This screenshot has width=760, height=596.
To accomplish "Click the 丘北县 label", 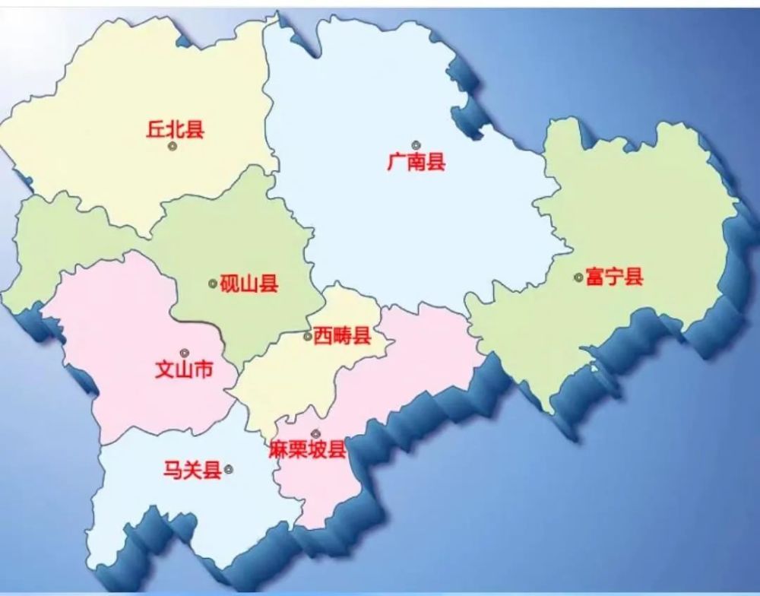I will click(175, 129).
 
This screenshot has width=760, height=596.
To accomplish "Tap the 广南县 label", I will click(416, 162).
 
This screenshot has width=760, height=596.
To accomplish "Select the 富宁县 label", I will click(615, 277).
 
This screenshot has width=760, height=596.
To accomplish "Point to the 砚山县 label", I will click(249, 284).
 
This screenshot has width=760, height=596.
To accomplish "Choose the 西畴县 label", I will click(342, 336).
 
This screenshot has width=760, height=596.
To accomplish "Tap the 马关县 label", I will click(192, 470).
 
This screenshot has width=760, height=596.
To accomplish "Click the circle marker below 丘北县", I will click(173, 145).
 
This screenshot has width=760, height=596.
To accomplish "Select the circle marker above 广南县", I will click(416, 144).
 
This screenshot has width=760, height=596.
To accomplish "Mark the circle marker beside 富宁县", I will click(578, 277).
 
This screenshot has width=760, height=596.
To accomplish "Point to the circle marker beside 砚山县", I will click(213, 284).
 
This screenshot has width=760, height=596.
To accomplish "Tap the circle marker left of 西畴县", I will click(307, 337).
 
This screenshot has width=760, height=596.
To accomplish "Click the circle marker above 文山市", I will click(184, 353).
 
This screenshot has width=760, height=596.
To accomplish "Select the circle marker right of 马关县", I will click(229, 469).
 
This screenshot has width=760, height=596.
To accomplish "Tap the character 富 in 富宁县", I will click(596, 277).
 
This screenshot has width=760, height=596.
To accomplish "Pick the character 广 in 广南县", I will click(396, 162).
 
